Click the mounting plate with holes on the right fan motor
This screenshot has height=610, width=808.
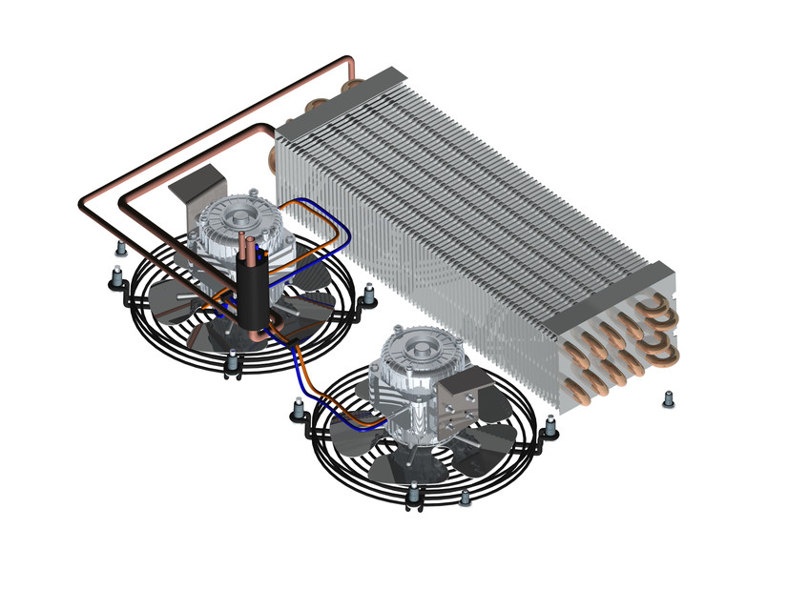click(x=470, y=394)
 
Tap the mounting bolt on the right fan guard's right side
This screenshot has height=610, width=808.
click(x=550, y=431)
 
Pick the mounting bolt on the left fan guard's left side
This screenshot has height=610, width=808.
click(x=114, y=278)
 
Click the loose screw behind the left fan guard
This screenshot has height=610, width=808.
click(x=120, y=249)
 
